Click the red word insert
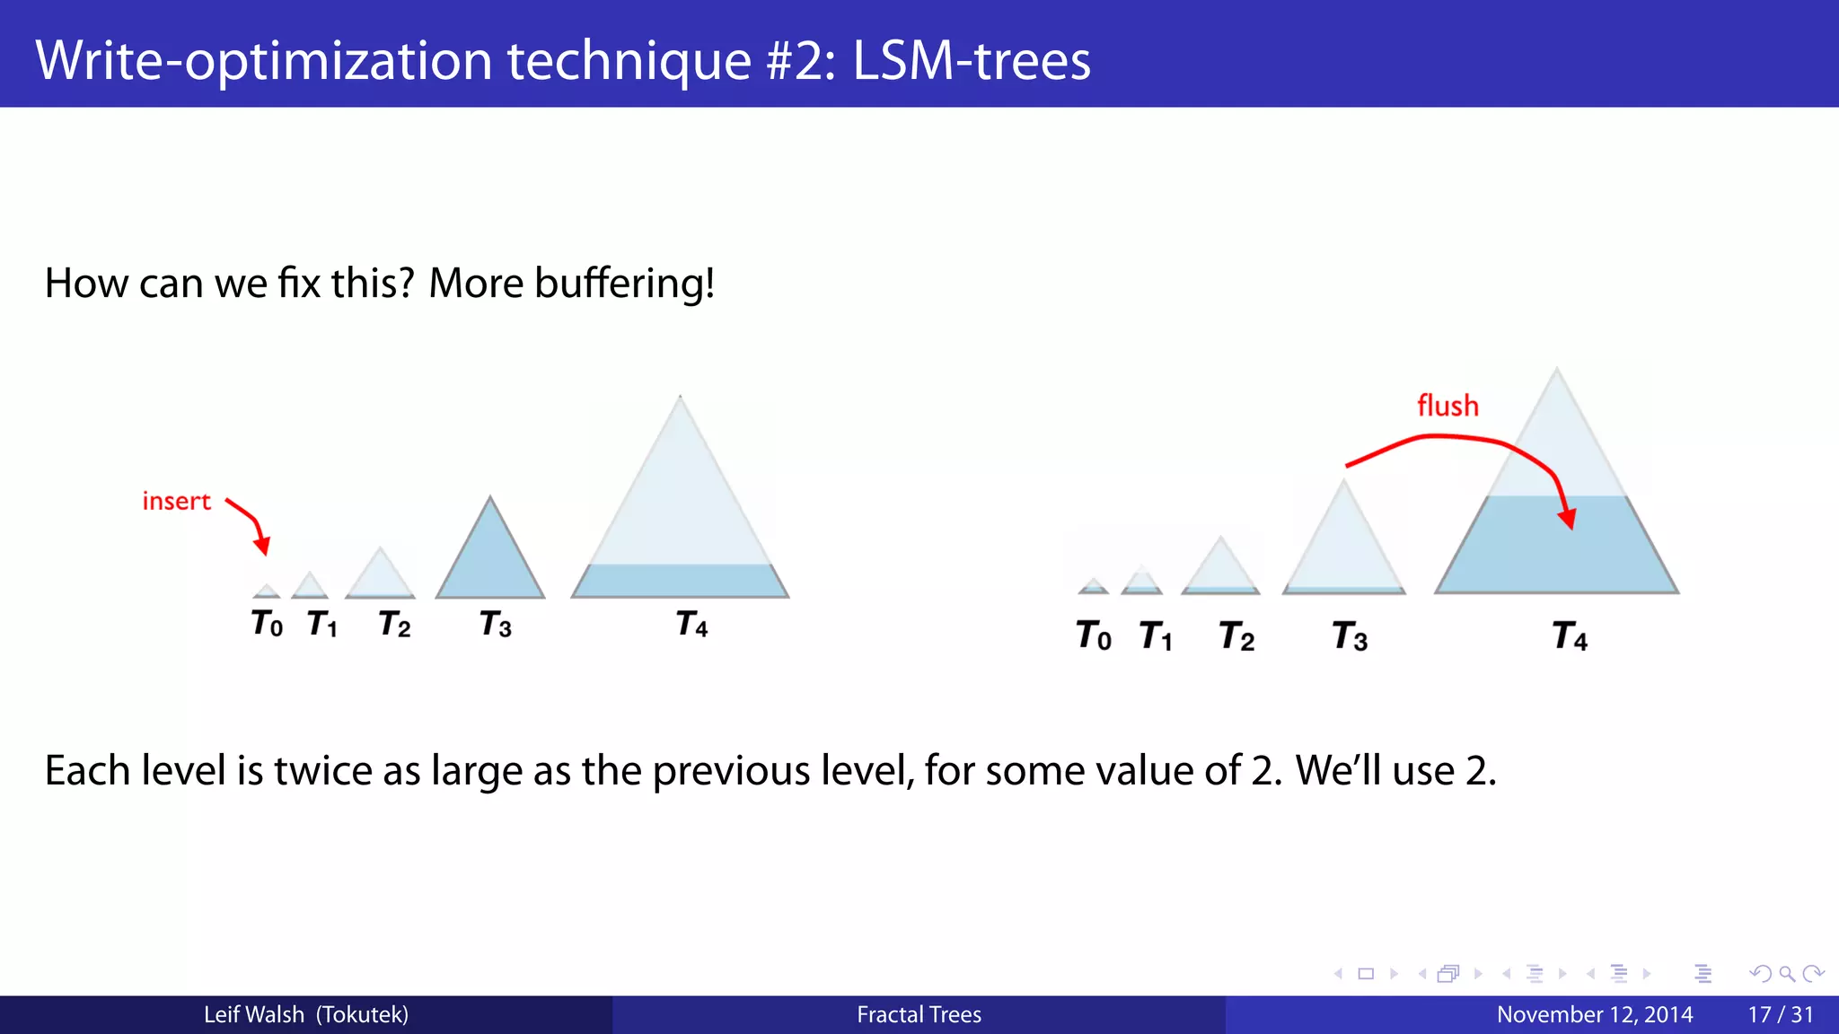[x=176, y=501]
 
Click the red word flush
[x=1447, y=406]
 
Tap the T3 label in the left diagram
[x=495, y=624]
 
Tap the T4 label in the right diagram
[x=1570, y=636]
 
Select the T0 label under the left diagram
[x=267, y=623]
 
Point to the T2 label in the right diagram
[x=1236, y=636]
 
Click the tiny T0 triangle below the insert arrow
[x=267, y=591]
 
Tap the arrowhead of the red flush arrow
[x=1568, y=519]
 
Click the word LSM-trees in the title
[x=971, y=60]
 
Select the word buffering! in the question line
[x=624, y=284]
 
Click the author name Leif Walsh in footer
[x=253, y=1015]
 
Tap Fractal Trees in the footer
[x=919, y=1015]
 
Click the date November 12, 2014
[x=1594, y=1015]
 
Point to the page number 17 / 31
[x=1780, y=1015]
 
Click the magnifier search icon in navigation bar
[x=1786, y=974]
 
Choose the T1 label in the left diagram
[x=321, y=623]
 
